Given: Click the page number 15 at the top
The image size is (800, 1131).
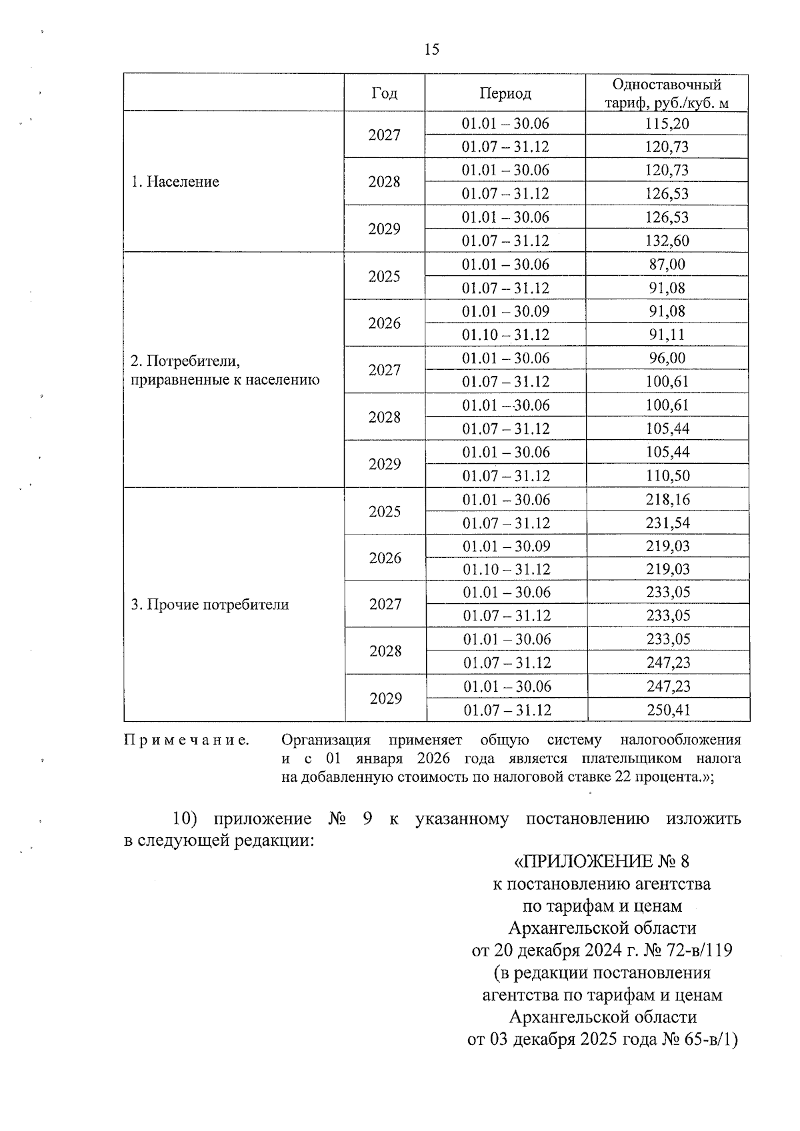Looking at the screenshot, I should coord(431,49).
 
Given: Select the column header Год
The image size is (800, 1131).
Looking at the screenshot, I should coord(384,93).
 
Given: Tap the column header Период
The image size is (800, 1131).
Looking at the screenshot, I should coord(505,93).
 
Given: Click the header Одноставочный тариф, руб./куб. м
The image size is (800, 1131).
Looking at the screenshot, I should coord(667,93).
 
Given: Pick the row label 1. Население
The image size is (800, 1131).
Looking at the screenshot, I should coord(175,182).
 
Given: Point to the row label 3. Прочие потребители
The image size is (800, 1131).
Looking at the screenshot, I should coord(210,605).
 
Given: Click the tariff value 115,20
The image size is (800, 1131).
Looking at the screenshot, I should coord(667,124).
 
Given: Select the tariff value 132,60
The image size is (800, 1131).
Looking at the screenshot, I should coord(667,241).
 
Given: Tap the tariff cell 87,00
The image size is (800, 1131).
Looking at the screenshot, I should coord(667,265).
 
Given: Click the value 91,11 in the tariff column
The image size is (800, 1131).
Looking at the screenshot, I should coord(667,335).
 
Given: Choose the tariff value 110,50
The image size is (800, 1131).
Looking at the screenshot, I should coord(667,476).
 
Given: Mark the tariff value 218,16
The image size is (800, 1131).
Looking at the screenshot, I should coord(667,500).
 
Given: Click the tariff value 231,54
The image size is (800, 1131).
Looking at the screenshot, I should coord(667,523).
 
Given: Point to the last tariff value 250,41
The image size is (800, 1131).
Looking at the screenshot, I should coord(668,710).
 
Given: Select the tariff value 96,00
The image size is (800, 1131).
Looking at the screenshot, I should coord(667,359).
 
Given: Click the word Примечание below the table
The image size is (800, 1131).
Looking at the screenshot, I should coord(187,740).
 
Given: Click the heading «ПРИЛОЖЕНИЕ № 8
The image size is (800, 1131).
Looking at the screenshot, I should coord(601,862).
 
